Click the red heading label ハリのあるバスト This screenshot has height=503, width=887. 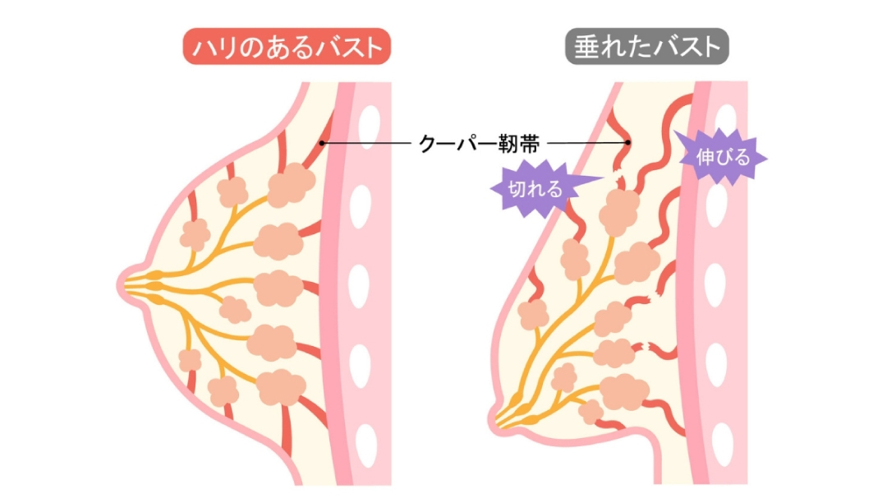(287, 48)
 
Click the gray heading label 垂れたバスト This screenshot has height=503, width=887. (646, 48)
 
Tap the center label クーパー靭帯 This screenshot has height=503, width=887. (479, 144)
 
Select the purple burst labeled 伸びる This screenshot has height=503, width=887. (723, 157)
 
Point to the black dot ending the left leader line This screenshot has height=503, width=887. (323, 144)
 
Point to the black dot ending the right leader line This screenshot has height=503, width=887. (627, 143)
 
